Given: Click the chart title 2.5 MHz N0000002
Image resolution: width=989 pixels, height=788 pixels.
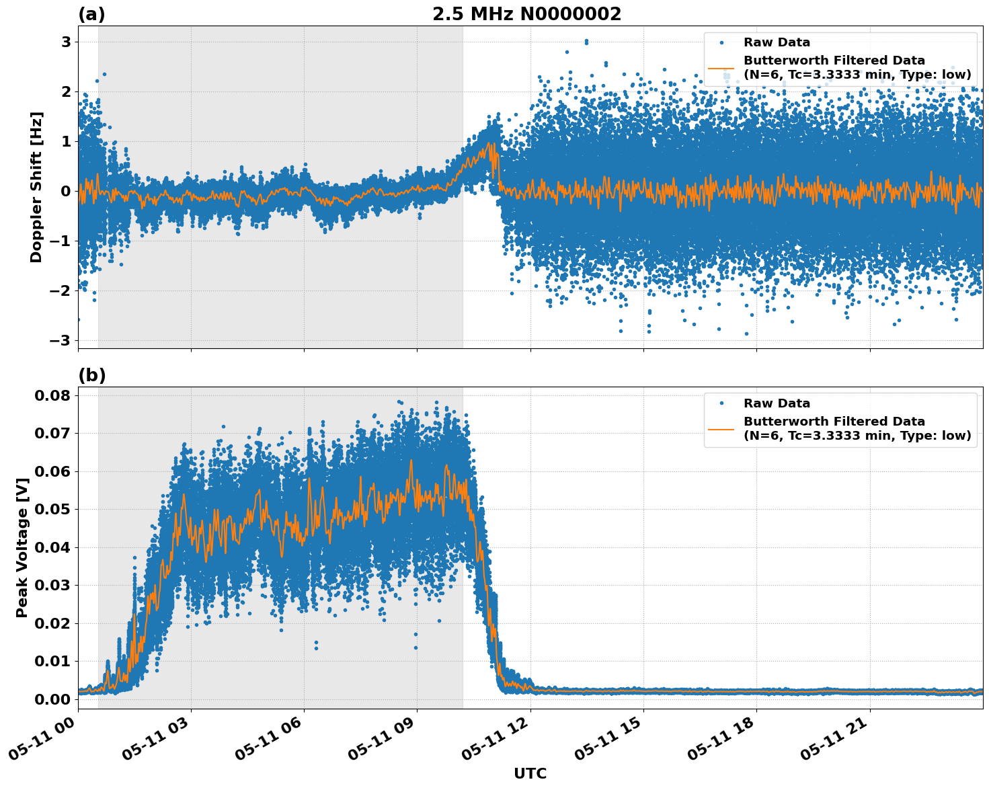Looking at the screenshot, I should tap(526, 14).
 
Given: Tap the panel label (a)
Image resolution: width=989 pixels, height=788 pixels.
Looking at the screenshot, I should tap(91, 14).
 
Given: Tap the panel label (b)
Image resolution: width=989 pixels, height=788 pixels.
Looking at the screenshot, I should tap(91, 375).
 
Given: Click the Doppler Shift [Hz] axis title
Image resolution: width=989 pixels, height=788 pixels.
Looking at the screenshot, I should tap(36, 187).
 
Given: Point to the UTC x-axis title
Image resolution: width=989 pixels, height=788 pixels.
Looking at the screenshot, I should tap(530, 773).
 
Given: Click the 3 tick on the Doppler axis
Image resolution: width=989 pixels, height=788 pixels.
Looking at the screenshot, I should tap(66, 42).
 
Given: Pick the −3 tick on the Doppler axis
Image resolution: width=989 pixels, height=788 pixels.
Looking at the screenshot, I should tap(61, 340).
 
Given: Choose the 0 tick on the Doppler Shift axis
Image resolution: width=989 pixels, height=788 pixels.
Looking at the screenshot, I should tap(66, 191).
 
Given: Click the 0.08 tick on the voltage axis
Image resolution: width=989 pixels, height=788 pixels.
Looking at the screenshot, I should tap(52, 395).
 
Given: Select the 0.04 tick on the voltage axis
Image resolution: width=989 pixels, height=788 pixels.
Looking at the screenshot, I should tap(52, 547).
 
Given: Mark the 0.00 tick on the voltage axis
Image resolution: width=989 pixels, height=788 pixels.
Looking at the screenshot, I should tap(52, 699).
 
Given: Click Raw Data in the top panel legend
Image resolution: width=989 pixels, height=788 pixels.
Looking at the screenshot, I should tap(777, 42).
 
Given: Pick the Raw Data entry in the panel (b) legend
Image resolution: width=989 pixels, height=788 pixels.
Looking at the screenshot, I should tap(777, 403).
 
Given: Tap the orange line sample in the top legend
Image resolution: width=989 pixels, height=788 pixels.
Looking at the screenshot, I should tap(721, 68).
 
